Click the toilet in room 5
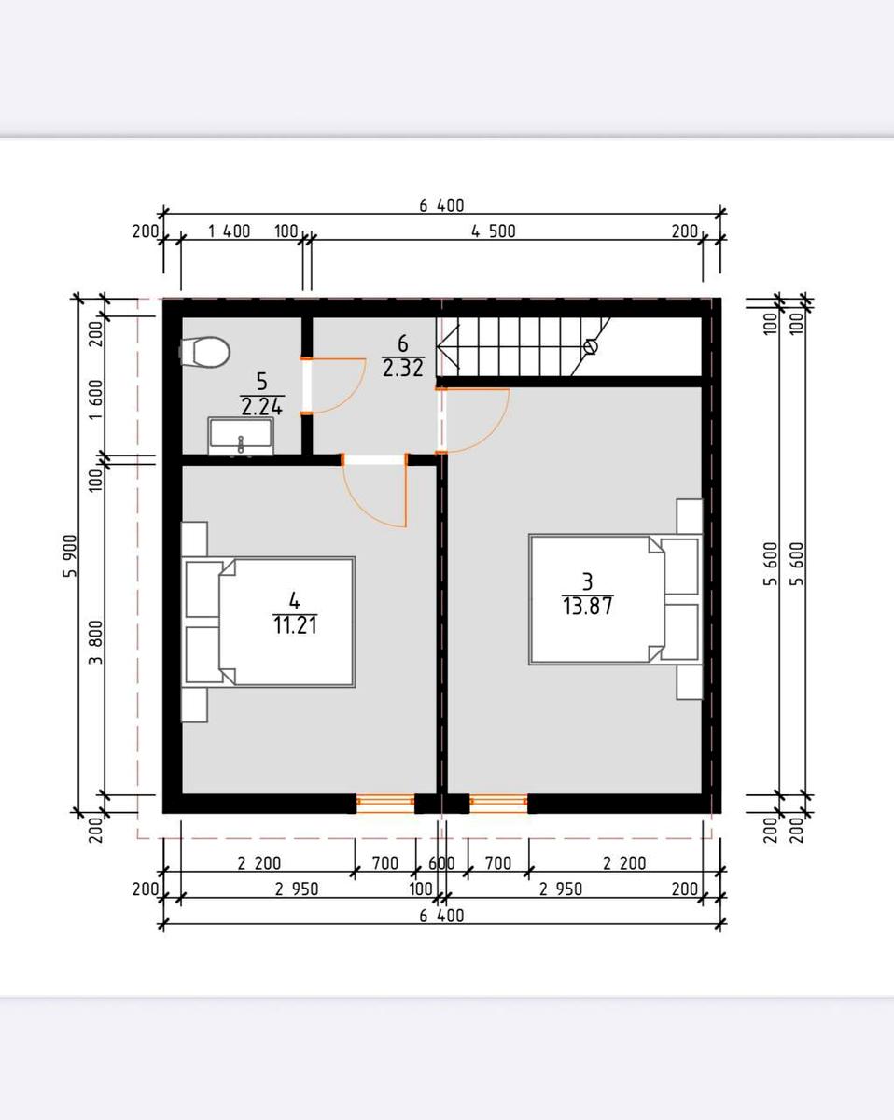click(x=204, y=352)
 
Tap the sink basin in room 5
click(x=241, y=436)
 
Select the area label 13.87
click(x=588, y=607)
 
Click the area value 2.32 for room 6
click(x=403, y=369)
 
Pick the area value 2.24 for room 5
click(x=261, y=407)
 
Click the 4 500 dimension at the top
click(x=494, y=231)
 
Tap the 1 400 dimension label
click(x=229, y=231)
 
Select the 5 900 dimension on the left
click(x=70, y=555)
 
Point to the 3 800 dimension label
click(x=96, y=642)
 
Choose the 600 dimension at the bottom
click(x=441, y=863)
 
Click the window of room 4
click(x=385, y=803)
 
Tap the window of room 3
click(x=498, y=803)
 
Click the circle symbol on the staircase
click(x=591, y=346)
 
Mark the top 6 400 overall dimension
click(x=441, y=205)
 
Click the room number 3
click(x=588, y=581)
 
